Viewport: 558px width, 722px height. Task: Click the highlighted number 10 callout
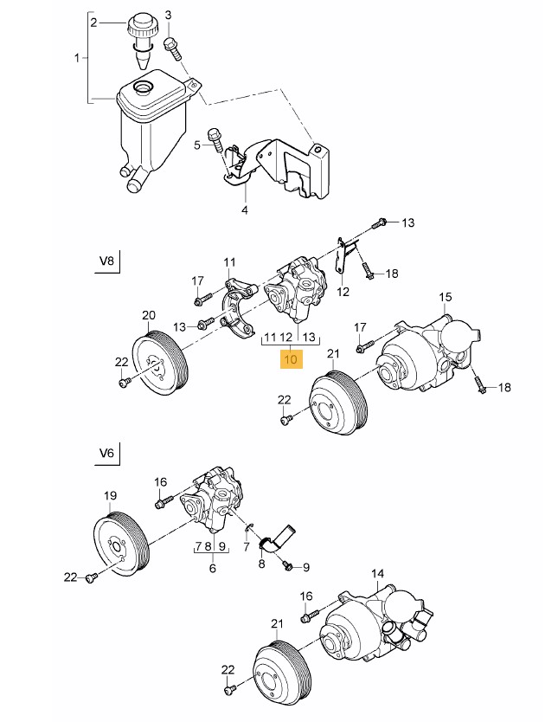pos(292,358)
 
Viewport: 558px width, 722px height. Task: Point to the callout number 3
pos(169,16)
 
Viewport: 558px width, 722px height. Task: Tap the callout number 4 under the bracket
pos(244,210)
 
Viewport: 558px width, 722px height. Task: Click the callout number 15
pos(446,298)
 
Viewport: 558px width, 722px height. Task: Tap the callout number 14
pos(377,574)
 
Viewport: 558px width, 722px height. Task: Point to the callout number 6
pos(213,568)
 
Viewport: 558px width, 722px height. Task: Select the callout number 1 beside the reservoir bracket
pos(78,59)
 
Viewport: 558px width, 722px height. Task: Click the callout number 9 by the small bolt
pos(305,567)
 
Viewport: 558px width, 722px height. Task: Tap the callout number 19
pos(110,496)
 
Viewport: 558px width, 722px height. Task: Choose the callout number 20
pos(148,314)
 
